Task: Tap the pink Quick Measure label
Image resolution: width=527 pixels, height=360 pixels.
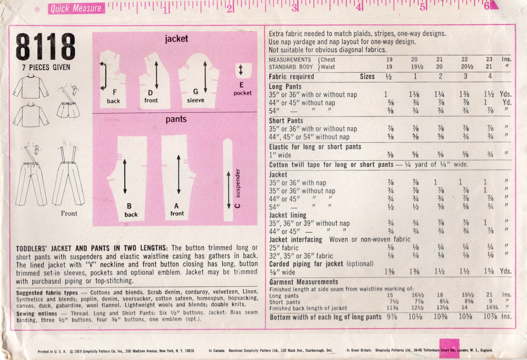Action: click(76, 8)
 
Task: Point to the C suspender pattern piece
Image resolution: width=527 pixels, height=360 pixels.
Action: click(229, 180)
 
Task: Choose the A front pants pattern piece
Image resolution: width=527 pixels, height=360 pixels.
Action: click(178, 176)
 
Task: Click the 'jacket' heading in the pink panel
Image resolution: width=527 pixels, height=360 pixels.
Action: click(176, 39)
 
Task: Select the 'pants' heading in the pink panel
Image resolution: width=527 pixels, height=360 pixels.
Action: click(176, 119)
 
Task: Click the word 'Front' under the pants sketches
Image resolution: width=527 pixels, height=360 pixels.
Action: click(69, 213)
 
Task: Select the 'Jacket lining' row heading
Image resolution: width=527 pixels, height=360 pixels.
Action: click(288, 215)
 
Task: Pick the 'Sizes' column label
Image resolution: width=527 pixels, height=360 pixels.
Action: click(367, 76)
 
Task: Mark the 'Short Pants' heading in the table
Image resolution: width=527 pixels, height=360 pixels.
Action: click(286, 121)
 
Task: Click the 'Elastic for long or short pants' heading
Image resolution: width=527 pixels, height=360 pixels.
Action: click(315, 147)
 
